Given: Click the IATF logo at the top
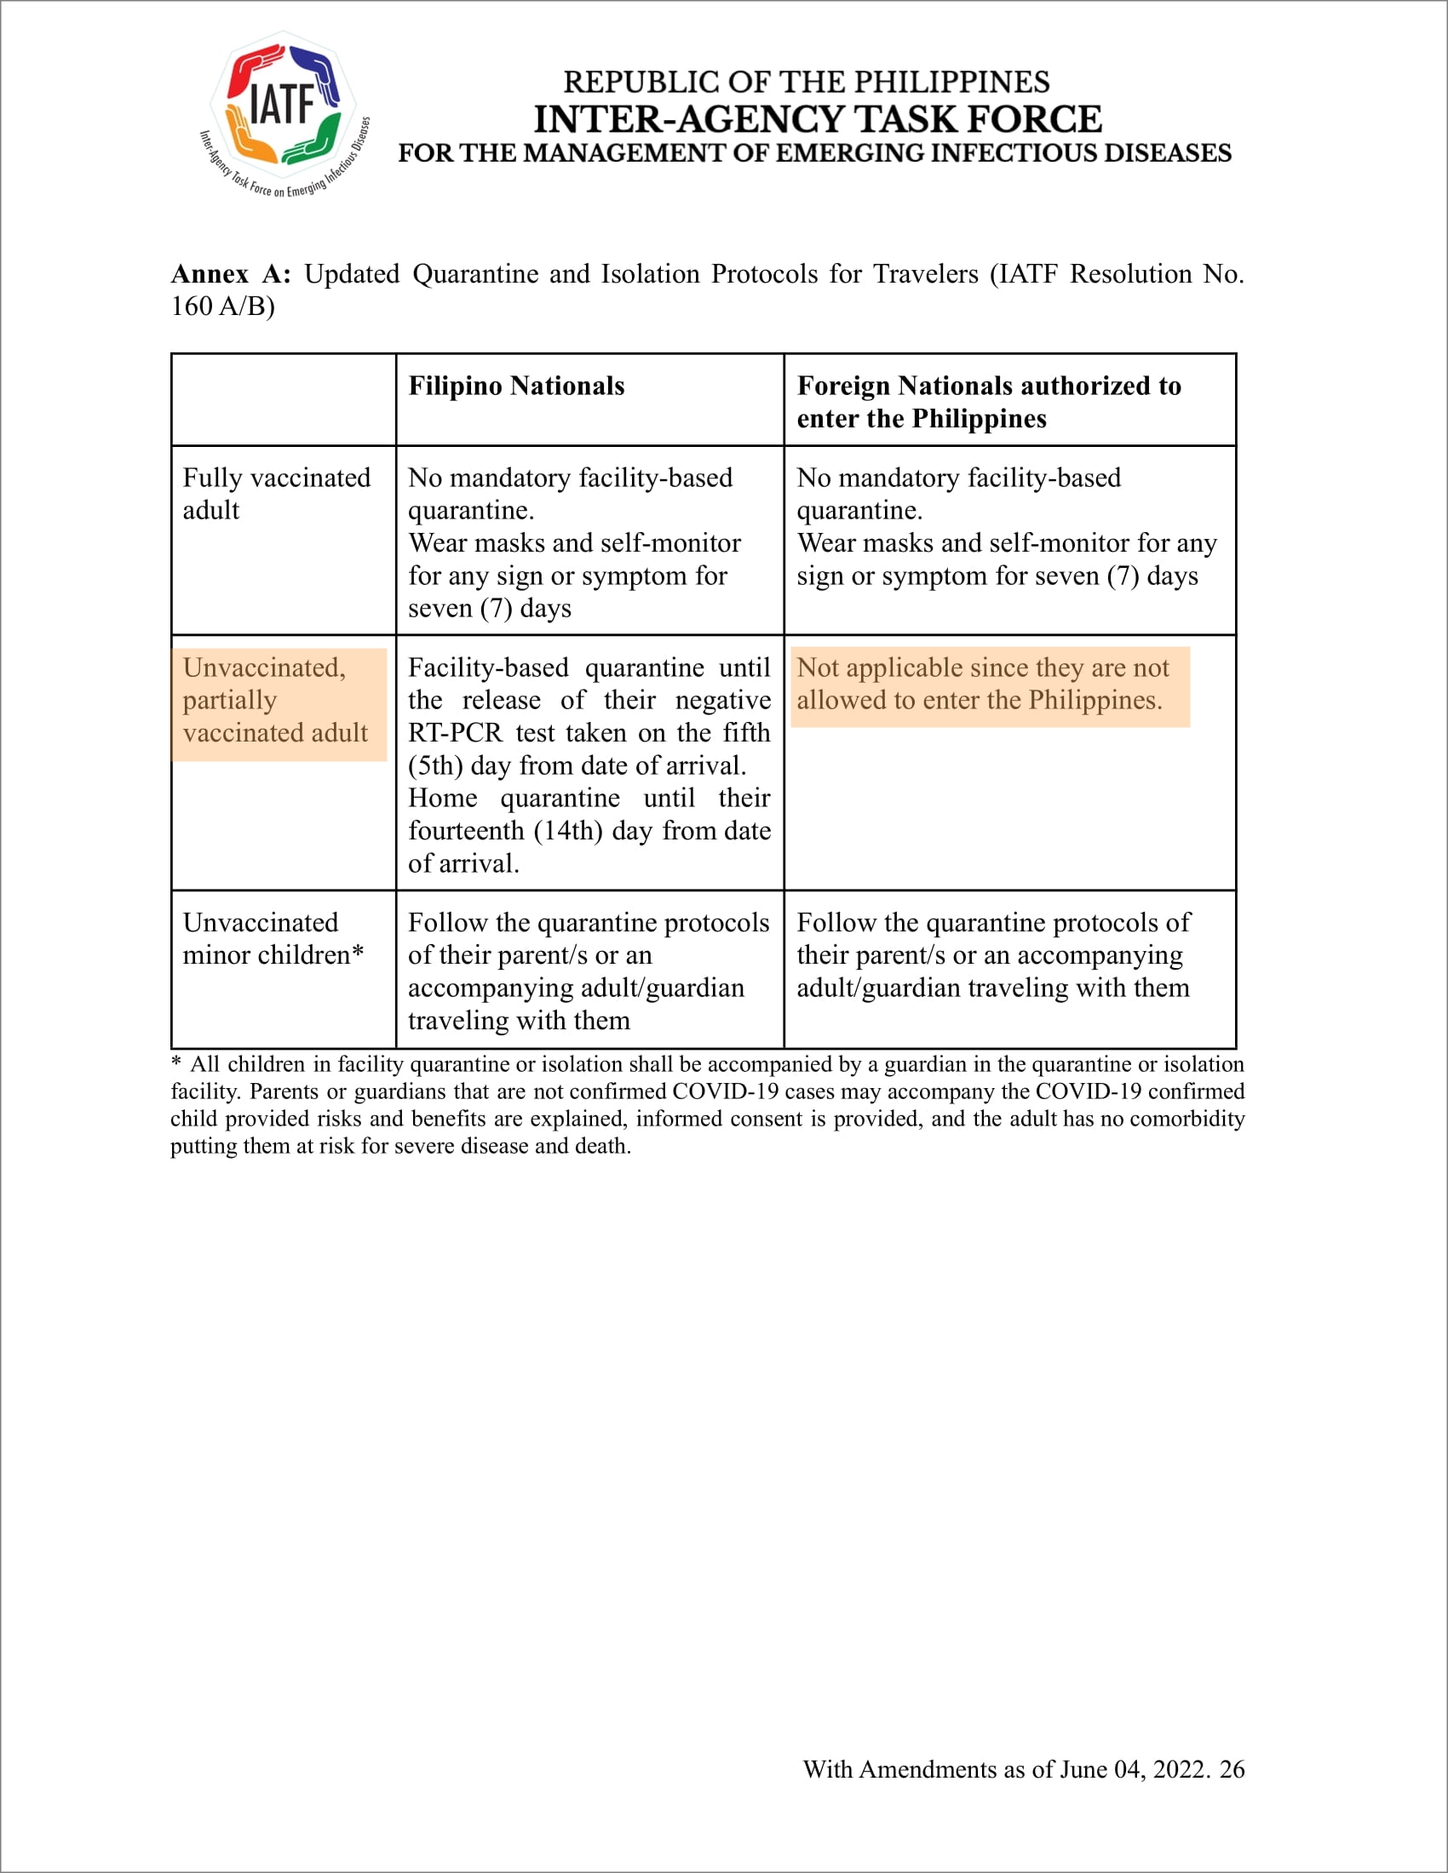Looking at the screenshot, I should tap(284, 112).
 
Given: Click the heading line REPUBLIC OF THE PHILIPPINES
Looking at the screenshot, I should tap(806, 83).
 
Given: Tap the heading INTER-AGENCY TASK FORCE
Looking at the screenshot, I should tap(817, 119).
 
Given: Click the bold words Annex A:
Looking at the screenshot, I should tap(231, 273).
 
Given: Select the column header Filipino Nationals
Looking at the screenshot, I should tap(515, 386).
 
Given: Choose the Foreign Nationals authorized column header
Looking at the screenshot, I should tap(988, 401).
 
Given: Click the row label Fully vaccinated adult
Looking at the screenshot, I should tap(276, 493).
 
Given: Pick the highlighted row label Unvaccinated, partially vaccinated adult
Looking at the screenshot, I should tap(275, 700).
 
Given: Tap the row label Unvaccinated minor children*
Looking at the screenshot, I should tap(273, 938).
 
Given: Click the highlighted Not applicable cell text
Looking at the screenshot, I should tap(982, 684).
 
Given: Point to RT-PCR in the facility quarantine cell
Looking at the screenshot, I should tap(455, 732).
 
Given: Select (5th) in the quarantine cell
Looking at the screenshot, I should tap(435, 765).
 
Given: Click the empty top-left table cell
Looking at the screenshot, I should tap(283, 399).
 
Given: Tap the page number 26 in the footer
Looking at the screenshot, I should tap(1231, 1769).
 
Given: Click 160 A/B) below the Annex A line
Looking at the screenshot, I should tap(222, 306).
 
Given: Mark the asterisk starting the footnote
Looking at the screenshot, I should tap(175, 1063).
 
